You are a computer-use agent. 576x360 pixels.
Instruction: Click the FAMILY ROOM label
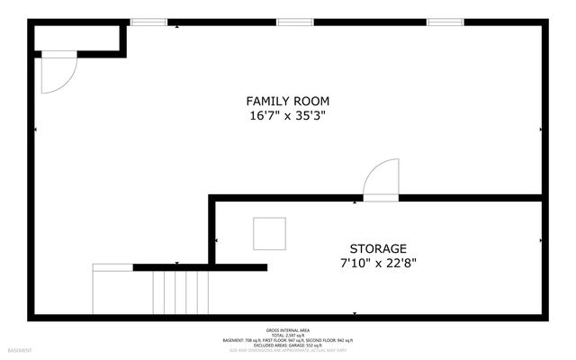pyautogui.click(x=287, y=100)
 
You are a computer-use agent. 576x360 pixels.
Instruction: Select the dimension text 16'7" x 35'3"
pyautogui.click(x=287, y=115)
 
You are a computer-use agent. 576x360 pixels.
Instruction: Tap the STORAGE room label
pyautogui.click(x=378, y=248)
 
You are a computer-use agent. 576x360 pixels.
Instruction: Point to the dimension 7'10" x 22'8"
pyautogui.click(x=378, y=263)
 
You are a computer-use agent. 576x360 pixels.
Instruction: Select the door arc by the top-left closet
pyautogui.click(x=58, y=74)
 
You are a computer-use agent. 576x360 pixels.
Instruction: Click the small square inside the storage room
pyautogui.click(x=269, y=234)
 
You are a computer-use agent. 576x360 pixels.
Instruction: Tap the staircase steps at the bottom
pyautogui.click(x=181, y=292)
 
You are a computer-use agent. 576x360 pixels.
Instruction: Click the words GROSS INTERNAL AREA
pyautogui.click(x=287, y=330)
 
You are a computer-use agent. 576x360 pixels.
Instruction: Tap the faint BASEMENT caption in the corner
pyautogui.click(x=20, y=350)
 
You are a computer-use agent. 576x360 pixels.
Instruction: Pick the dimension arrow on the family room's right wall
pyautogui.click(x=541, y=130)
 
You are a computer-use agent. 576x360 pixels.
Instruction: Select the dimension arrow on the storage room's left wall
pyautogui.click(x=217, y=240)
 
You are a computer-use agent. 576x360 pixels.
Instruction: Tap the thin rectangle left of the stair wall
pyautogui.click(x=112, y=267)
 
